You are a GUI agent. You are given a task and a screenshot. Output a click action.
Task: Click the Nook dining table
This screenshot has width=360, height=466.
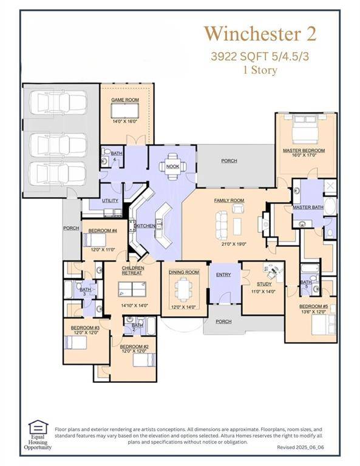coord(172,174)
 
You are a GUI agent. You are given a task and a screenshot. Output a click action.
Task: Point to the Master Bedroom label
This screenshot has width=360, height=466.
coord(304,150)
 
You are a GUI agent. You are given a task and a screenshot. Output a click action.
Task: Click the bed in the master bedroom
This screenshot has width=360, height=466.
coord(305,129)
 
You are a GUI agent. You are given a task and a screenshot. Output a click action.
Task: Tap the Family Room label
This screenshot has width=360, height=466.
coord(229,200)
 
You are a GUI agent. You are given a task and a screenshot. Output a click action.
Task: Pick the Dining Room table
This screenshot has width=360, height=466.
coord(184,289)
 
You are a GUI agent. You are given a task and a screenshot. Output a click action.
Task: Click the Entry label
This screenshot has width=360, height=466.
coord(223,275)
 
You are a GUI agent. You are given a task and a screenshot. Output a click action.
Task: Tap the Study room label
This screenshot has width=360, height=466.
coord(264,283)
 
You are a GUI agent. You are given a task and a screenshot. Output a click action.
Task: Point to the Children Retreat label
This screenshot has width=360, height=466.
coord(132,271)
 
